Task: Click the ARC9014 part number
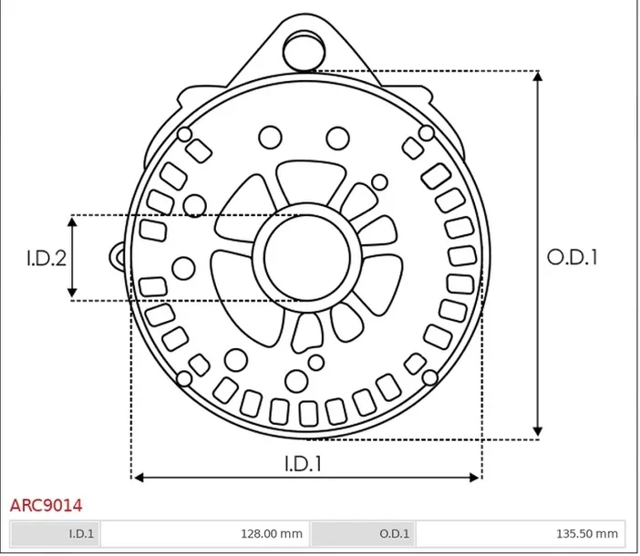(x=46, y=505)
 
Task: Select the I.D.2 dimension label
(x=46, y=258)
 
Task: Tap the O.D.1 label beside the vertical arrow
(x=572, y=257)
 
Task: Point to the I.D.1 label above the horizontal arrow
(x=303, y=463)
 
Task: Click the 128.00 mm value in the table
(x=272, y=533)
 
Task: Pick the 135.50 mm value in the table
(x=587, y=533)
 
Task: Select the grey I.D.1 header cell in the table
(x=56, y=533)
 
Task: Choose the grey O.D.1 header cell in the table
(x=363, y=533)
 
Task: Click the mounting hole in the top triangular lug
(x=305, y=51)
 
